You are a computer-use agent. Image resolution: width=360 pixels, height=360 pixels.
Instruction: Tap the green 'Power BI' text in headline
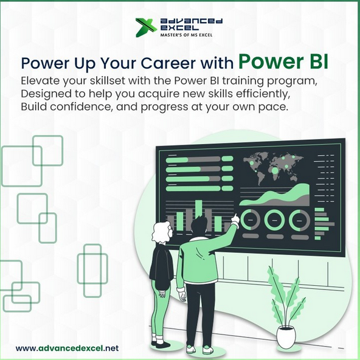283,61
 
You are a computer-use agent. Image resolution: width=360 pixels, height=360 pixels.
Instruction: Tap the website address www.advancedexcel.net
67,348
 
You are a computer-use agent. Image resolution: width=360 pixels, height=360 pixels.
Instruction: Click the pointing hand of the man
234,216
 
